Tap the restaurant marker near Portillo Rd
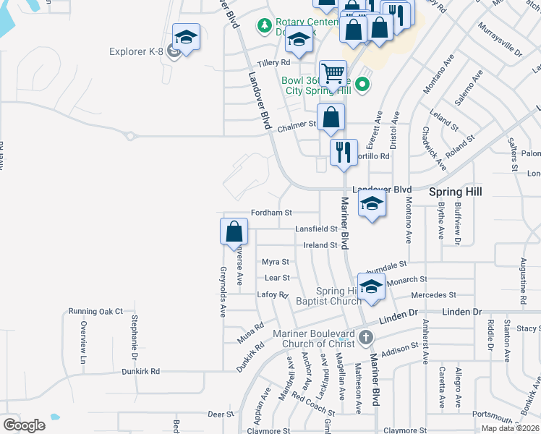pos(344,152)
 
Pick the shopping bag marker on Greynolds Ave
pos(234,233)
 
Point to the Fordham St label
pos(271,213)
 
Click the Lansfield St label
pos(316,229)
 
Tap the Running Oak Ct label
pos(96,311)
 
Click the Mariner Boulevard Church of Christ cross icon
pos(366,337)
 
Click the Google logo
pos(24,425)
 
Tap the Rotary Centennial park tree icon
pos(264,26)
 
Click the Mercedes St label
pos(433,295)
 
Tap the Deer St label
pos(221,414)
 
